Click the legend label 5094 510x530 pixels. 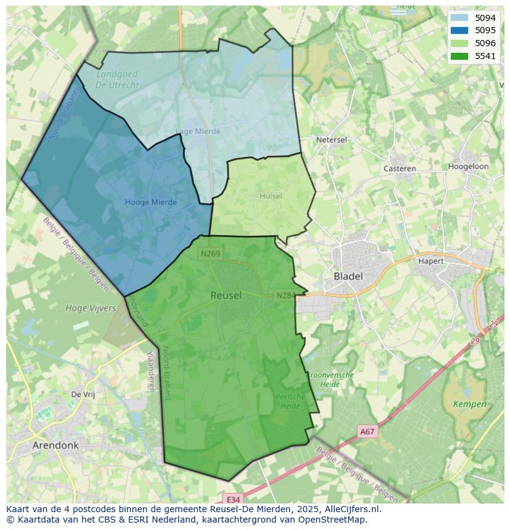coord(485,18)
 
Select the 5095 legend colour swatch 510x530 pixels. coord(459,30)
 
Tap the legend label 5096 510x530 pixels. coord(485,43)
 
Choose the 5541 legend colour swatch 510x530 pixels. coord(459,56)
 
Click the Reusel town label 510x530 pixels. coord(226,295)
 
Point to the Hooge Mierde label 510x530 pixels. coord(150,202)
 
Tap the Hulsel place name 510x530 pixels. coord(270,196)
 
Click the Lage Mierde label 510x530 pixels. coord(198,131)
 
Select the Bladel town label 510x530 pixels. coord(348,276)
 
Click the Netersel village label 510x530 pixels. coord(331,140)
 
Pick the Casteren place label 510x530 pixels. coord(399,168)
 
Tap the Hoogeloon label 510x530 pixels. coord(468,166)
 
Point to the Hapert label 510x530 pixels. coord(431,261)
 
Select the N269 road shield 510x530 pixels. coord(209,253)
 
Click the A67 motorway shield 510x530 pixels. coord(367,432)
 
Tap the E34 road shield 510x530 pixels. coord(232,499)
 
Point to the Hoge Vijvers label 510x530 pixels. coord(91,308)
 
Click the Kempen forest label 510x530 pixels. coord(469,404)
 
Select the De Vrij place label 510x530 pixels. coord(83,395)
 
